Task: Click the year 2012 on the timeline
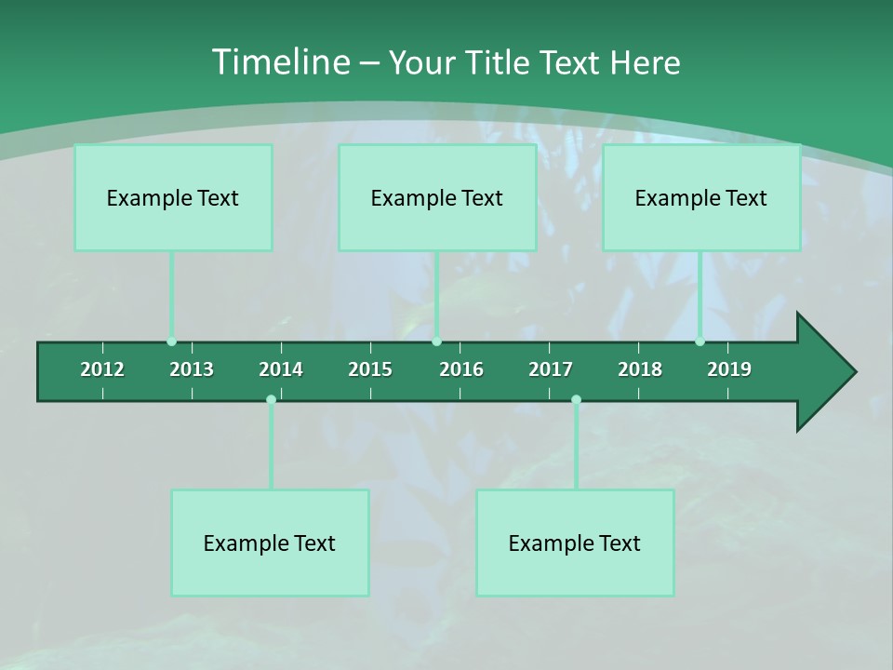(x=102, y=369)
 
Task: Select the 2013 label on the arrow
(x=192, y=369)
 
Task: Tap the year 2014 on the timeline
(x=281, y=369)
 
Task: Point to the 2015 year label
(x=370, y=369)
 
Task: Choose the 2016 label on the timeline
(x=461, y=369)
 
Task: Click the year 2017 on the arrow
(x=551, y=369)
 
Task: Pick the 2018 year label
(x=640, y=369)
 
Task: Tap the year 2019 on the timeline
(x=729, y=369)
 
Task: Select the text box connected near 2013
(x=173, y=197)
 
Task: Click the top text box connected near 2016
(x=437, y=197)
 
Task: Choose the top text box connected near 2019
(x=701, y=197)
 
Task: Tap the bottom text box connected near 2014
(x=270, y=543)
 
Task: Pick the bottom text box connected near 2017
(x=575, y=543)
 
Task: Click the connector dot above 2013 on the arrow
(x=172, y=342)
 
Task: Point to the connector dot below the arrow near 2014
(x=271, y=399)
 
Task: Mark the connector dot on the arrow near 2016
(x=437, y=342)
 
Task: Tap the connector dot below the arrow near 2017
(x=576, y=399)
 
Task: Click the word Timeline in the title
(x=280, y=62)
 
